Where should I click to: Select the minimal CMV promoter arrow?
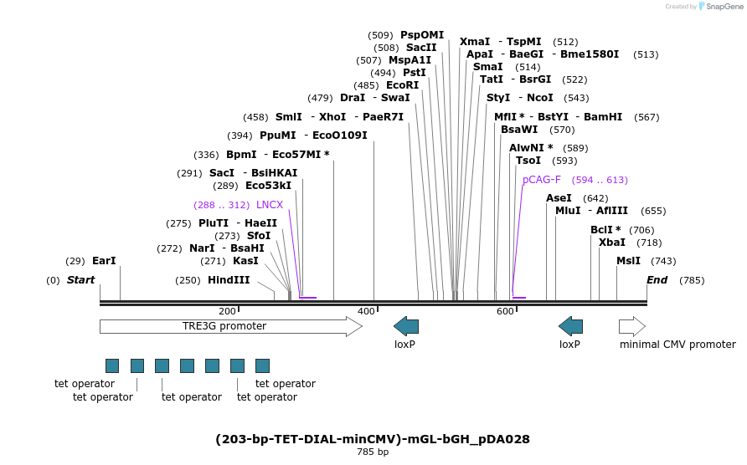[632, 326]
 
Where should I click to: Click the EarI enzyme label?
[104, 261]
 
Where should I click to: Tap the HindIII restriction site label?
[229, 280]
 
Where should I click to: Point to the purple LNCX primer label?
[270, 205]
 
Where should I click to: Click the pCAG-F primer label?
[542, 180]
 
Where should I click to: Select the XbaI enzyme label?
[611, 243]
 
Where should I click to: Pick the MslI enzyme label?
[628, 261]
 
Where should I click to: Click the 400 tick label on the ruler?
[366, 311]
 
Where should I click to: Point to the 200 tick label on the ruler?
[227, 311]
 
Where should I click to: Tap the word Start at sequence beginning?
[80, 280]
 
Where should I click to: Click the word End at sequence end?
[657, 280]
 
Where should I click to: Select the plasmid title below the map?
[373, 439]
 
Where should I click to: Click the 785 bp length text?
[373, 452]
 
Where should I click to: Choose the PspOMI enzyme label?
[422, 35]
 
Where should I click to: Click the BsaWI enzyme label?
[519, 130]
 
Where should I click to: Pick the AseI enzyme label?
[559, 198]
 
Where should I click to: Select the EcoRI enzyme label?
[402, 85]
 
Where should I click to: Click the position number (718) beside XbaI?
[649, 243]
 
